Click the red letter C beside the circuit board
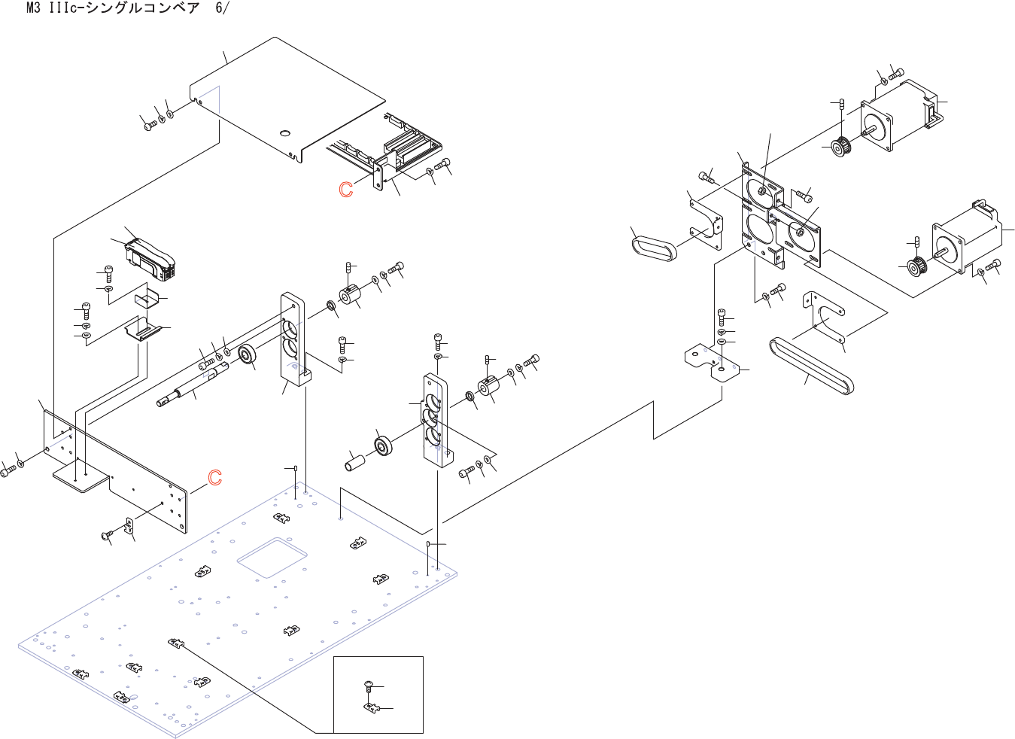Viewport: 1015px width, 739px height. tap(346, 190)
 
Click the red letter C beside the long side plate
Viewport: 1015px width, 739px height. tap(214, 477)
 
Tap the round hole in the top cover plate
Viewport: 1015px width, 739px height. tap(285, 133)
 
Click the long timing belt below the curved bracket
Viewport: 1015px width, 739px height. tap(811, 366)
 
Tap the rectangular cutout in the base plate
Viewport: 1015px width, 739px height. tap(272, 558)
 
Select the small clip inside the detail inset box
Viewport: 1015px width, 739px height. tap(372, 707)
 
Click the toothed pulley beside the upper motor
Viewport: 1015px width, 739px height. tap(842, 146)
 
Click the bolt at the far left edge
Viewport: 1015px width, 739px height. tap(8, 471)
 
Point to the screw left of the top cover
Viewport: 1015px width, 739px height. tap(150, 126)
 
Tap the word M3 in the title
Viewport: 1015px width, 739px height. tap(34, 8)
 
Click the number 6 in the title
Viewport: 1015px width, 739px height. tap(219, 8)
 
